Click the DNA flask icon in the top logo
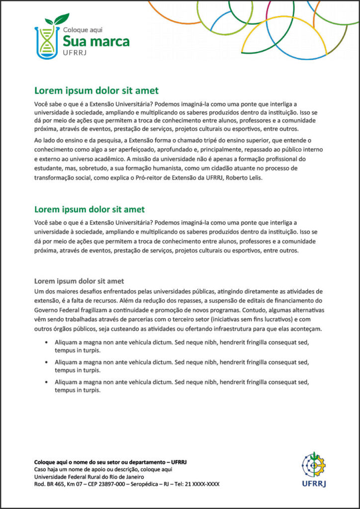(x=46, y=42)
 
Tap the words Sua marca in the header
(x=96, y=41)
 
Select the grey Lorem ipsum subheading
(x=79, y=281)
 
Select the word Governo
(x=46, y=310)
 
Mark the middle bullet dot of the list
(x=46, y=362)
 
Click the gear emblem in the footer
(x=314, y=465)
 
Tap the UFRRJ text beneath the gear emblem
(x=314, y=482)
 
